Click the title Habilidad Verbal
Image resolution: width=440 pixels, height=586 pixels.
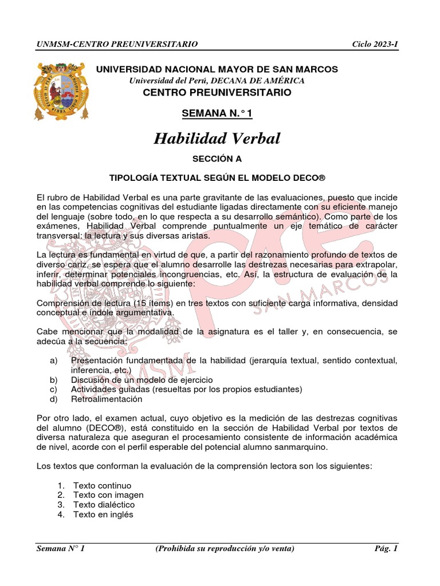tap(217, 138)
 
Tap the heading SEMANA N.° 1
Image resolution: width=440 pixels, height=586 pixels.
tap(217, 113)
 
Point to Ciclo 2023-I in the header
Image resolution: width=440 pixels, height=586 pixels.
tap(375, 44)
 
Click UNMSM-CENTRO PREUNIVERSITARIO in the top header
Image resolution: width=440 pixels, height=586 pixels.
tap(117, 44)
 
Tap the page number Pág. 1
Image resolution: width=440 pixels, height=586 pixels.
tap(386, 549)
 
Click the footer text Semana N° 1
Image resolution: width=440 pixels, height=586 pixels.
tap(61, 549)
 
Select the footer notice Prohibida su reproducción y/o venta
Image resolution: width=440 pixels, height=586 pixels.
tap(225, 549)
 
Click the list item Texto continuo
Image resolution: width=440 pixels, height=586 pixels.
tap(102, 485)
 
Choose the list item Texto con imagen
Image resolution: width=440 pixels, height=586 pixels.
tap(108, 495)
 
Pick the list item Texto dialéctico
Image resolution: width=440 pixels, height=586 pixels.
tap(104, 505)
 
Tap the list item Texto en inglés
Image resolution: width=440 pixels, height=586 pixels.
tap(103, 514)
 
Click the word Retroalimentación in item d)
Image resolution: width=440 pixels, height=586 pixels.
tap(107, 399)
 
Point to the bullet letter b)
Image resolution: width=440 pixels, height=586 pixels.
tap(54, 379)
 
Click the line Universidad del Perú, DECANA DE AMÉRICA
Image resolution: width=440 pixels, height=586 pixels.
tap(217, 81)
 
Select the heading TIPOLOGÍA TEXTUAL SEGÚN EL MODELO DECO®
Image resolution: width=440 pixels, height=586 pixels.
tap(217, 177)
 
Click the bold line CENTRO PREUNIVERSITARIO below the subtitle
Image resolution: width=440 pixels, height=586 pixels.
tap(217, 93)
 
